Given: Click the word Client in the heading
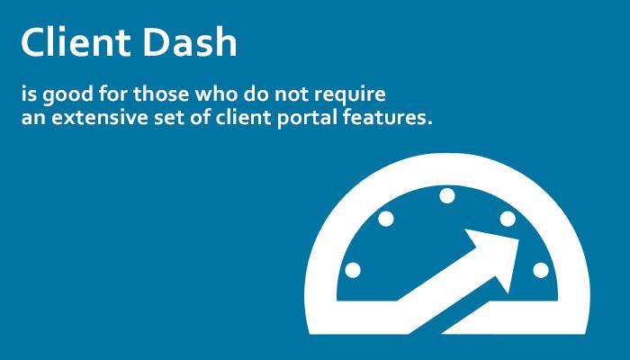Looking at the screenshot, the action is coord(76,41).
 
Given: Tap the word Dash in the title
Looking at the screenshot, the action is coord(190,41).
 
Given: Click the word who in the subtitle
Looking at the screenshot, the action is coord(217,94).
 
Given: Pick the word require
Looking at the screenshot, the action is coord(349,95).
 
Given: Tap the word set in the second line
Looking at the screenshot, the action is coord(169,119).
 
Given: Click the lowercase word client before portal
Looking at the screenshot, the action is coord(243,118).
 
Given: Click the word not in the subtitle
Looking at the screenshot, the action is coord(291,94).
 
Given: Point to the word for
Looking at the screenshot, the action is coord(113,94).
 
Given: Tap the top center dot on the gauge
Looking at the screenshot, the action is coord(446,196).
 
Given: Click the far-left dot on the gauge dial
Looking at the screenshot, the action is coord(353,270).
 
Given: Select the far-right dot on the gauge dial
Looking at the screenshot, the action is coord(541,270).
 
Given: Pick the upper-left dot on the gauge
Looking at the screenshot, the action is coord(386,219).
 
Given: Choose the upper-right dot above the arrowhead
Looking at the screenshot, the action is coord(508,219).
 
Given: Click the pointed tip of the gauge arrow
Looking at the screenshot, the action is coord(518,240).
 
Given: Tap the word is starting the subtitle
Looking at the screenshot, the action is coord(29,94).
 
